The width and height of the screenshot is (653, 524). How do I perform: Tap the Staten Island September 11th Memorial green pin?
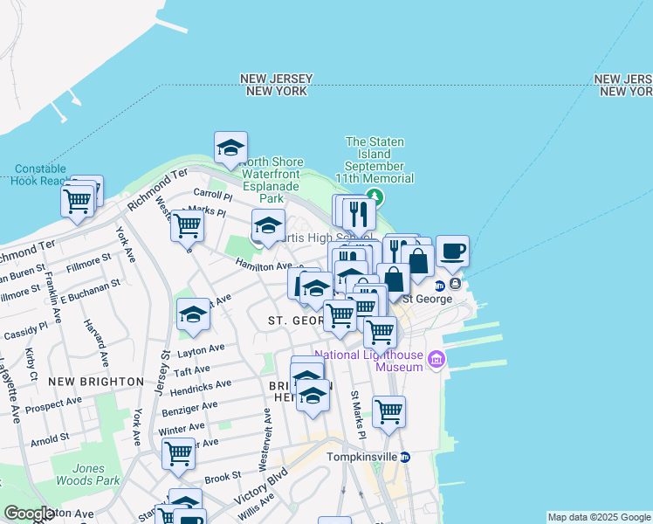(x=375, y=196)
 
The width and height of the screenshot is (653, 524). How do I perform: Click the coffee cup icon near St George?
(x=452, y=252)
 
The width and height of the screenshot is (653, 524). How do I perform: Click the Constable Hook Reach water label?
(x=41, y=175)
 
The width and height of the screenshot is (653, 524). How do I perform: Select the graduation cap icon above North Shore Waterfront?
(x=230, y=148)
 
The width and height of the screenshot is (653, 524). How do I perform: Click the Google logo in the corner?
(x=29, y=514)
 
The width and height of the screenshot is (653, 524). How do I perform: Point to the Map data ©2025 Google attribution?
(x=598, y=517)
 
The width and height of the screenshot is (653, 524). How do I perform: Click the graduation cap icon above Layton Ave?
(x=193, y=315)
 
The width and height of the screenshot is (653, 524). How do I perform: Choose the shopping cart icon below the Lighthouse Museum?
(x=388, y=411)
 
